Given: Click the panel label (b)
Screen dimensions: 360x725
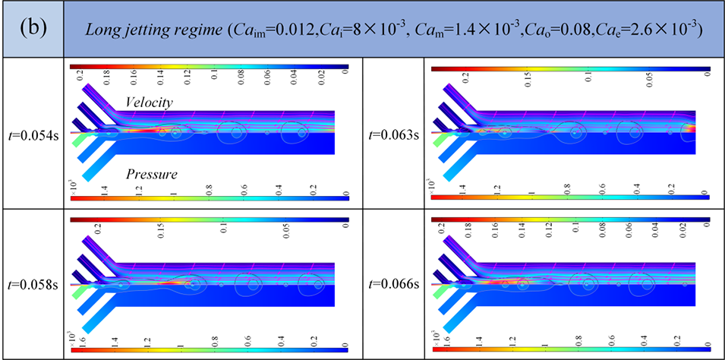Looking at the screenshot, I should click(31, 30).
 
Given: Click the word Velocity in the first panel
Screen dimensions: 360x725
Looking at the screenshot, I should click(150, 103).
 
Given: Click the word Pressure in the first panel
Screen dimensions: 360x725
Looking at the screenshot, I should click(152, 174).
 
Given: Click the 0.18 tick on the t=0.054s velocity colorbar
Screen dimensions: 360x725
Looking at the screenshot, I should click(104, 81).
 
